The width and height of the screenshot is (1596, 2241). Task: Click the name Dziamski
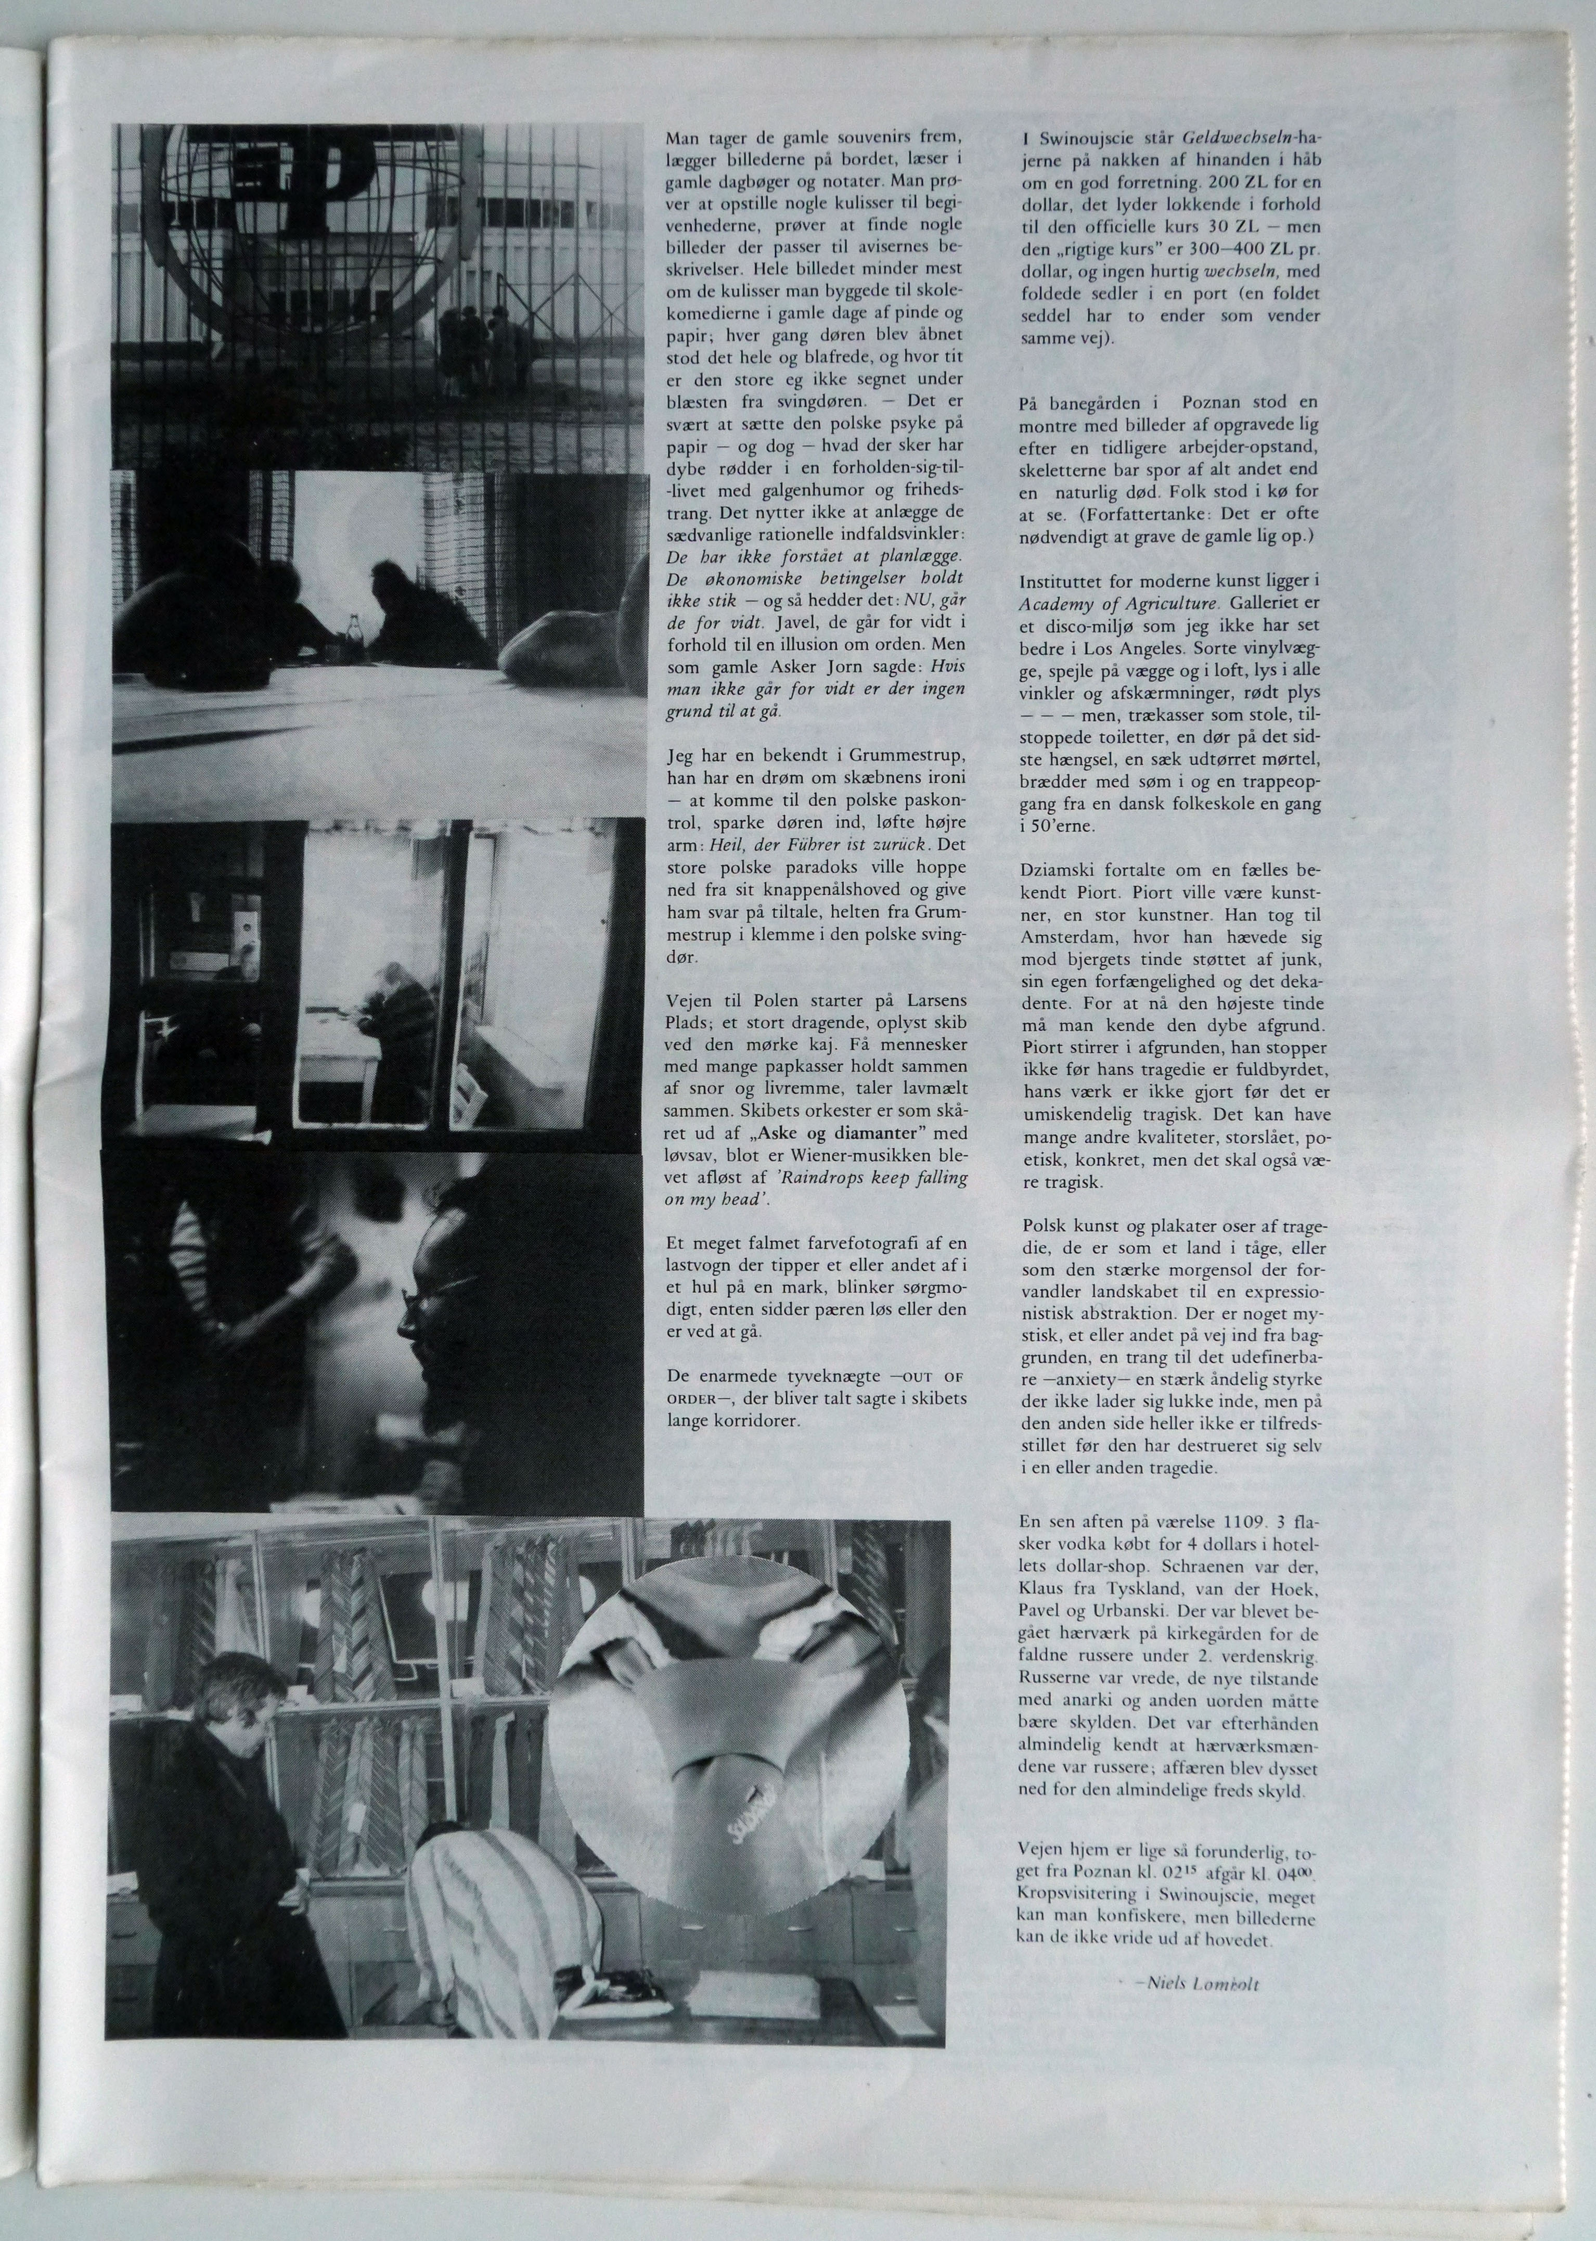[x=1056, y=872]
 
